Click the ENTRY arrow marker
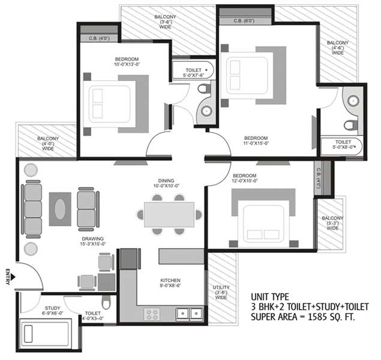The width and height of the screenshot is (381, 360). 13,277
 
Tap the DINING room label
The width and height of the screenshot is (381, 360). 166,181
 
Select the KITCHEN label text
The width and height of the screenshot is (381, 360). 170,280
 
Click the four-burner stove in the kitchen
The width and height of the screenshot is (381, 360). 152,314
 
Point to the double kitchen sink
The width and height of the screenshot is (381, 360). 190,314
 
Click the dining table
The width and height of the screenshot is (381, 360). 169,214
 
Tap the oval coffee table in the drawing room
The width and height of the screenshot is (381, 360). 60,209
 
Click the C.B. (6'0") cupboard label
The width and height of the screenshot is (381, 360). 244,21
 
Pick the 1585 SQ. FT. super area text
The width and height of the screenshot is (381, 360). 332,317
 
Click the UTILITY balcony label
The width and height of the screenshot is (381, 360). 221,287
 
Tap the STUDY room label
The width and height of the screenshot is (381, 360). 52,308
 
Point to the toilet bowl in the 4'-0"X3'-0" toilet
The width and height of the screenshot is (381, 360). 106,302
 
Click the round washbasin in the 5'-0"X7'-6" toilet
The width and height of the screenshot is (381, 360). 207,111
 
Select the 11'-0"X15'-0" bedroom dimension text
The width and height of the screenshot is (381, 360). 256,143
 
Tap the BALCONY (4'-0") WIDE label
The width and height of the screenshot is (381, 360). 48,143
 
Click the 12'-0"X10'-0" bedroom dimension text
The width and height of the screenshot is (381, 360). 245,181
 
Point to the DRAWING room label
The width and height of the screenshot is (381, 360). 93,239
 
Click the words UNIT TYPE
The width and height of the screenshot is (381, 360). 270,297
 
